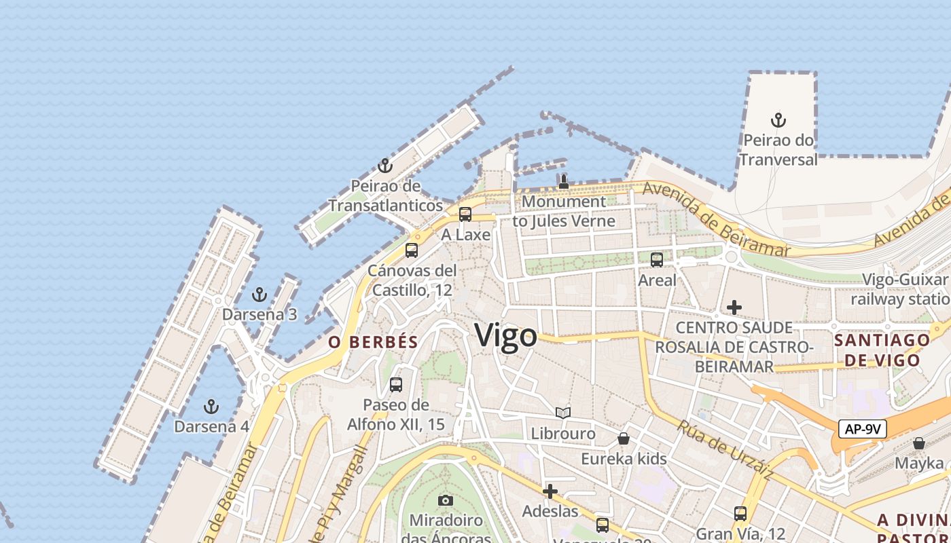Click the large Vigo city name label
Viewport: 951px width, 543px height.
tap(505, 335)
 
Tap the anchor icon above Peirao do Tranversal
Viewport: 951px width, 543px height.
tap(778, 121)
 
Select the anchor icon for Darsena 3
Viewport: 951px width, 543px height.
tap(259, 295)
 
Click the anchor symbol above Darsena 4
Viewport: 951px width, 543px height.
tap(211, 407)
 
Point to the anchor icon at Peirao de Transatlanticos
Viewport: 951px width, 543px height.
tap(385, 166)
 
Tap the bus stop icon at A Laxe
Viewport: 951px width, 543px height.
tap(465, 214)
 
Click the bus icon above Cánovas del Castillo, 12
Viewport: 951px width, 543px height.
tap(412, 250)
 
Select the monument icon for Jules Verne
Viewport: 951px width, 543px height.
tap(563, 182)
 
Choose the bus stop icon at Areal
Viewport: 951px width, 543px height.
tap(657, 259)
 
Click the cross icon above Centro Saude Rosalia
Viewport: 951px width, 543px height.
tap(734, 307)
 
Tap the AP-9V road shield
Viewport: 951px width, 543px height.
tap(862, 429)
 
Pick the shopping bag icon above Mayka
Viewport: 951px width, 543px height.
tap(919, 443)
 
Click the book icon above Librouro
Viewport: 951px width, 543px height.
tap(563, 413)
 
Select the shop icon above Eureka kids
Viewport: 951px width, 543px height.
tap(624, 438)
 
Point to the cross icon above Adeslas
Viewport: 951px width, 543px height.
tap(550, 491)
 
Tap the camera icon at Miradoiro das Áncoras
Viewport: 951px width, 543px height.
tap(446, 501)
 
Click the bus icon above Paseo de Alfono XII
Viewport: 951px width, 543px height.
tap(396, 385)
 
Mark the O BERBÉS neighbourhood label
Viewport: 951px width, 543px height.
tap(373, 342)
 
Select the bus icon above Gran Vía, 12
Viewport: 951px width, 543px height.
tap(740, 513)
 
